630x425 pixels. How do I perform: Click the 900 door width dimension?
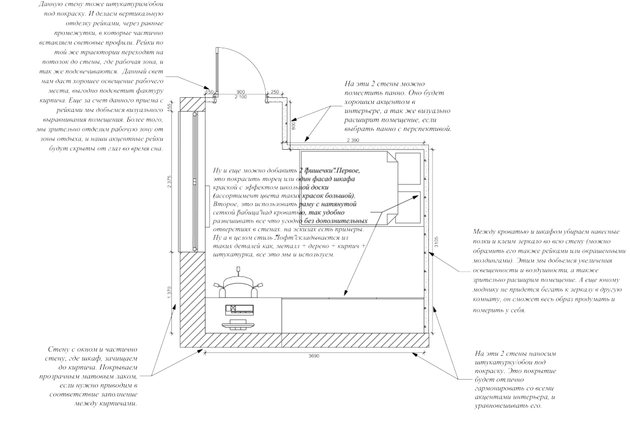(x=240, y=91)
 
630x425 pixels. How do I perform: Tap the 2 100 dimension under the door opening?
(x=240, y=97)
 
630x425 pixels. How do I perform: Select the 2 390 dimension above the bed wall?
(x=354, y=141)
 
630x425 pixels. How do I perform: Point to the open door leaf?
(x=216, y=70)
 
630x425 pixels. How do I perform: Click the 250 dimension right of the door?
(x=274, y=92)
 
